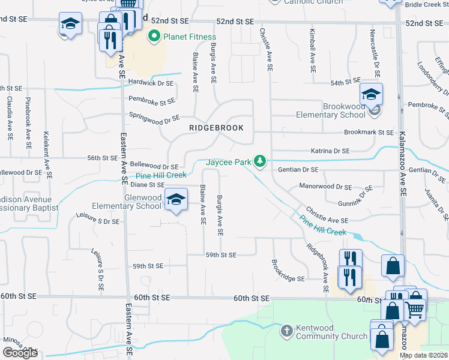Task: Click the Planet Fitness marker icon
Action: pos(154,37)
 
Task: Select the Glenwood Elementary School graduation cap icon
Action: pos(176,200)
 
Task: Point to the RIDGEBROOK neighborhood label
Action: pos(208,128)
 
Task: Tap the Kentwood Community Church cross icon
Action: pos(287,331)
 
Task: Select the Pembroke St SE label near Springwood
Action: pos(151,101)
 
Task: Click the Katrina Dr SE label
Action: pos(330,151)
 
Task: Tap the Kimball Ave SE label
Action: pos(313,51)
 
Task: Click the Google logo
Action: pos(20,353)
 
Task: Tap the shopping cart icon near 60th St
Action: pos(414,310)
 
